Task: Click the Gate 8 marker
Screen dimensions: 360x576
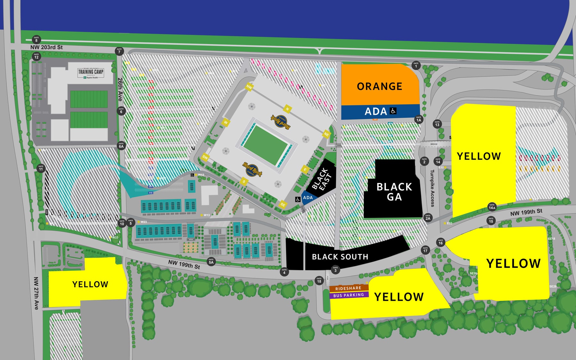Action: (x=36, y=39)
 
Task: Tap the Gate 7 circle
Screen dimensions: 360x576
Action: (x=119, y=51)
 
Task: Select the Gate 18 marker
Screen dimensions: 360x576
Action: (x=319, y=280)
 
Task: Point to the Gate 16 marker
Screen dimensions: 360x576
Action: (x=441, y=242)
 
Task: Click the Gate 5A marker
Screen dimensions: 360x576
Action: (x=211, y=261)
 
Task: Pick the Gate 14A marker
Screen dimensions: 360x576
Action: (x=492, y=206)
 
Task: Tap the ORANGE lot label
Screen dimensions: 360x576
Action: (x=380, y=86)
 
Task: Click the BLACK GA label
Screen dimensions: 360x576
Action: (x=394, y=192)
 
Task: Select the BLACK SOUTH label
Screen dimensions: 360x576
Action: (x=340, y=257)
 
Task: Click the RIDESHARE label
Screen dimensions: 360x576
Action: (x=348, y=288)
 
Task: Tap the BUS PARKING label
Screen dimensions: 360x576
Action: (x=348, y=295)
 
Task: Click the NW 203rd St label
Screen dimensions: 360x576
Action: (x=46, y=47)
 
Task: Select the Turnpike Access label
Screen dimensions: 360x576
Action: (x=432, y=188)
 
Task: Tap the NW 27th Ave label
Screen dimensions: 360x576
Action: (x=36, y=293)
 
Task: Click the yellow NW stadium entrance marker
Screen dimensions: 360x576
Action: (x=249, y=87)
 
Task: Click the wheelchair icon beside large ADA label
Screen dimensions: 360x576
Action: (x=393, y=111)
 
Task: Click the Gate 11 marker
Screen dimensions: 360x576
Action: (x=41, y=168)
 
